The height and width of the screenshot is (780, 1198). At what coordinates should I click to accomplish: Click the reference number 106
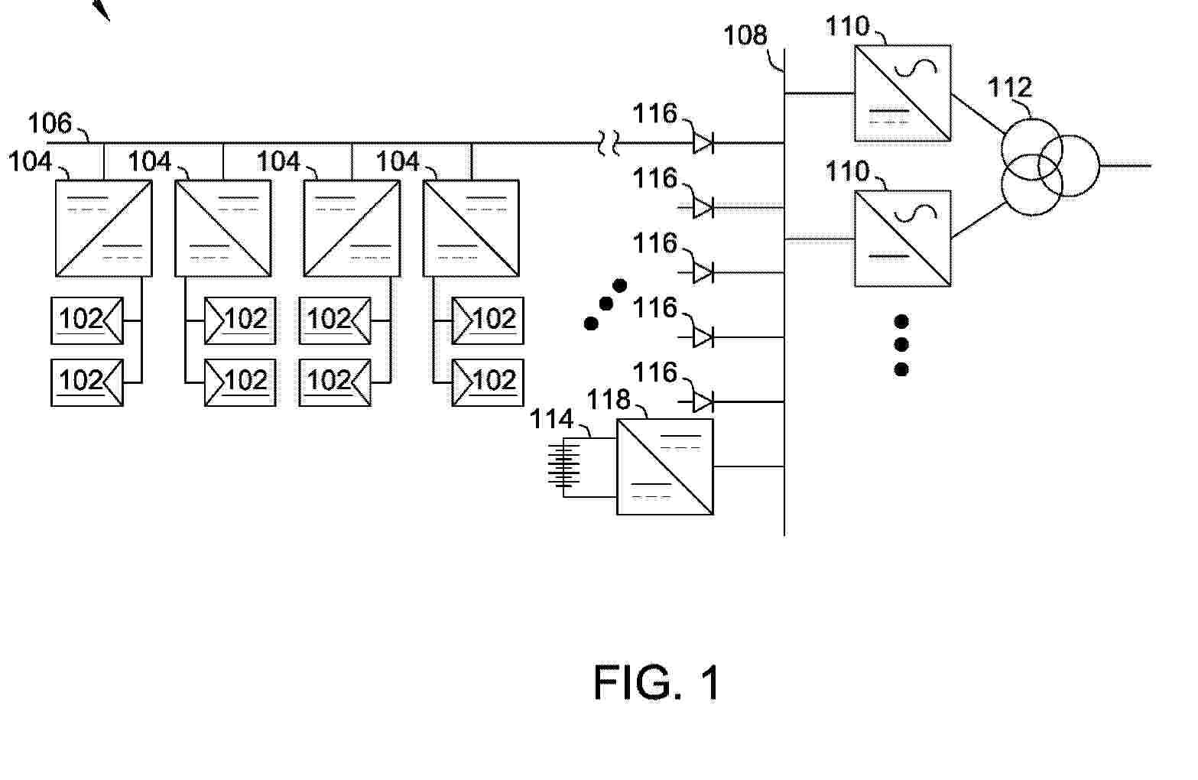click(49, 123)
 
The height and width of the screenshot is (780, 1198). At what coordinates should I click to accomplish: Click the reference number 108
click(745, 35)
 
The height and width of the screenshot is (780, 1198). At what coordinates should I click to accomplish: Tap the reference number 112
click(1010, 88)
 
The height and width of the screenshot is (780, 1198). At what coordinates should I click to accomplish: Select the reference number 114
click(552, 419)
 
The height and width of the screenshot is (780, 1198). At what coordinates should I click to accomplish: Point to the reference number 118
click(609, 400)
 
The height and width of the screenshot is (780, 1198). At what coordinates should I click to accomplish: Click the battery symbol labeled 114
click(563, 463)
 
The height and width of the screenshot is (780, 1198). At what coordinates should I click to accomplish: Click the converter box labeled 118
click(665, 466)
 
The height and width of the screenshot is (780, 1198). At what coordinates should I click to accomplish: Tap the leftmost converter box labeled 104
click(104, 228)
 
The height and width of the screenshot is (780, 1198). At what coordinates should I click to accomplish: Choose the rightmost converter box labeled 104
click(471, 228)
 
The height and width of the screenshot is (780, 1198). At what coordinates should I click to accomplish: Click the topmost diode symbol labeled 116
click(703, 142)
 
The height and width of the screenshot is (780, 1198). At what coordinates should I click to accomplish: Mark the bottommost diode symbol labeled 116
click(703, 401)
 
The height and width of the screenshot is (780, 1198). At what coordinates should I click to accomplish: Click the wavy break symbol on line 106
click(609, 142)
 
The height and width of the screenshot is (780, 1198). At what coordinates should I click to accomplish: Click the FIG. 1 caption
click(657, 683)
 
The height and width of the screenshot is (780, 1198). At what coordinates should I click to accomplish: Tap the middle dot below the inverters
click(901, 345)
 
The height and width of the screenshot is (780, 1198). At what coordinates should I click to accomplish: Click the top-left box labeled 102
click(87, 320)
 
